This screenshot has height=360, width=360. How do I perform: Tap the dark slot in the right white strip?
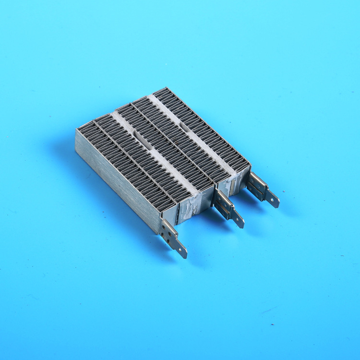click(184, 126)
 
